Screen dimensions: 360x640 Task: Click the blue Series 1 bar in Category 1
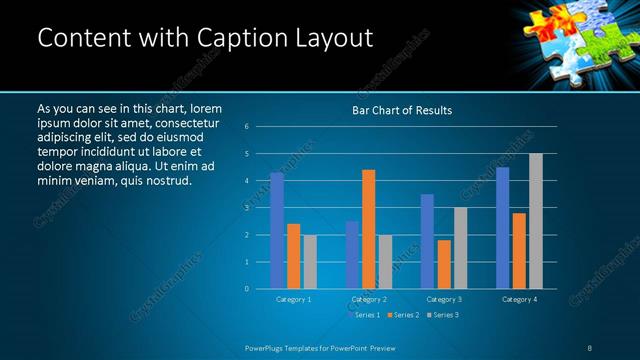[x=277, y=231]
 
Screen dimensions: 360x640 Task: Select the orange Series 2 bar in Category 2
[x=369, y=229]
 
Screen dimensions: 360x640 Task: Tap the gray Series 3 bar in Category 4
[x=536, y=221]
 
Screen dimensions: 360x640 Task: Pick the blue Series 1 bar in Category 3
[x=427, y=241]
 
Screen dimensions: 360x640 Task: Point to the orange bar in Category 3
[x=444, y=264]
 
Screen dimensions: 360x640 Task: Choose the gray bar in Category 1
[x=310, y=262]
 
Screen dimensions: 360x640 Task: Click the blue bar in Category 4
[x=502, y=228]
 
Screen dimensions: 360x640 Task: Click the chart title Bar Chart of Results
[x=402, y=109]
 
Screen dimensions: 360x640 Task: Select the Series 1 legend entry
[x=364, y=315]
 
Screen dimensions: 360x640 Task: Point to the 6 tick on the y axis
[x=247, y=127]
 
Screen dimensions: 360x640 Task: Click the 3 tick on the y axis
[x=247, y=208]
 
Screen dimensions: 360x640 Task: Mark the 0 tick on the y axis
[x=247, y=289]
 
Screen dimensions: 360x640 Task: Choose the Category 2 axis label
[x=369, y=299]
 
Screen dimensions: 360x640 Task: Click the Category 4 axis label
[x=519, y=299]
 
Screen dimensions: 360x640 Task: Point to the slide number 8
[x=590, y=347]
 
